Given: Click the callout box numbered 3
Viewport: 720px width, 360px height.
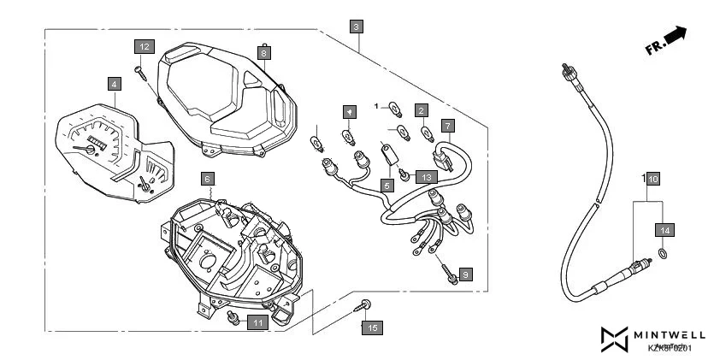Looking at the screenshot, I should point(356,27).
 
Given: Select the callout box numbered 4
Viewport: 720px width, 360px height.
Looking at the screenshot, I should point(113,84).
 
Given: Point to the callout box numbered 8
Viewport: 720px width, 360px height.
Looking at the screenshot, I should point(264,52).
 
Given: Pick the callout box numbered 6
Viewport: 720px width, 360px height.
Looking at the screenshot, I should point(207,179).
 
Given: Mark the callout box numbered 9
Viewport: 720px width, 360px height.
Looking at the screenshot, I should point(465,274).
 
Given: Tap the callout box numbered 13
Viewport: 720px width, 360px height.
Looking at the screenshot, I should point(428,177).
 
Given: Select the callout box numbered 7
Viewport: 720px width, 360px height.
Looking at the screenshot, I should point(446,126).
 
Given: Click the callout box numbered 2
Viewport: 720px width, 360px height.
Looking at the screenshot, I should point(421,110).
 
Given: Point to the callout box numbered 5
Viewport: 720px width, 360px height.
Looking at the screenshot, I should point(387,184).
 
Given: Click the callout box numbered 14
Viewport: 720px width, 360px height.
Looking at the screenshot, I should point(665,229).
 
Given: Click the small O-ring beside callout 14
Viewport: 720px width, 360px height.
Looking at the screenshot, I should point(664,254).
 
